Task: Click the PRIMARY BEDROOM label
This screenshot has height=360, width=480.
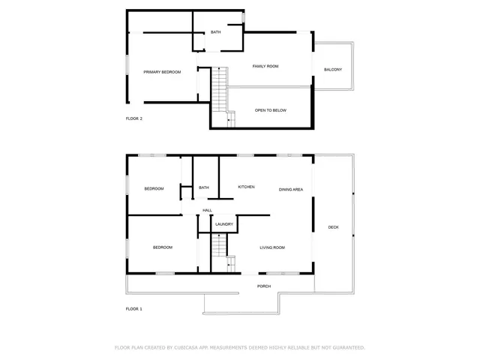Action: pos(163,72)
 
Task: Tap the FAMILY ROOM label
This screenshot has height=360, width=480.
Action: pos(265,67)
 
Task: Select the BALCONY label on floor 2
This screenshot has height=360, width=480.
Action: pos(333,70)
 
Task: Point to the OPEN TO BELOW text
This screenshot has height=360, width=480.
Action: pos(270,111)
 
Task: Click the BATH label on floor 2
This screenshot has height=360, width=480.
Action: pos(215,32)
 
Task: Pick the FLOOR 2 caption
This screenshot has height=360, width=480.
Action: pos(134,118)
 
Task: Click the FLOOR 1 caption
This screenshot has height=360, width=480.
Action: pos(134,308)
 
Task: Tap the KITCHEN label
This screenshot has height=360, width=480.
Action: pos(247,187)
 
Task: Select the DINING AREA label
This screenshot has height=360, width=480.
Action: pos(291,190)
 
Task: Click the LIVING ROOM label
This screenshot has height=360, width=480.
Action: pos(272,247)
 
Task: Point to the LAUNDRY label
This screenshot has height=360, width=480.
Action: pos(224,224)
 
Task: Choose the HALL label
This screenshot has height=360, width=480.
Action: pos(207,210)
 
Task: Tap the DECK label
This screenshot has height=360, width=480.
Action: pos(333,226)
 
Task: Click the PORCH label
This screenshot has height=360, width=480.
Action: pos(264,286)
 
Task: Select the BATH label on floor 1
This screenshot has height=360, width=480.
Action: pos(204,188)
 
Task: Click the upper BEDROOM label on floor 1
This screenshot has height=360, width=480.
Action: pos(154,188)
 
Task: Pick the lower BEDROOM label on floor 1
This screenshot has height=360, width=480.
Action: pos(163,247)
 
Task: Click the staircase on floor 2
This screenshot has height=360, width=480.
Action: pos(218,88)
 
